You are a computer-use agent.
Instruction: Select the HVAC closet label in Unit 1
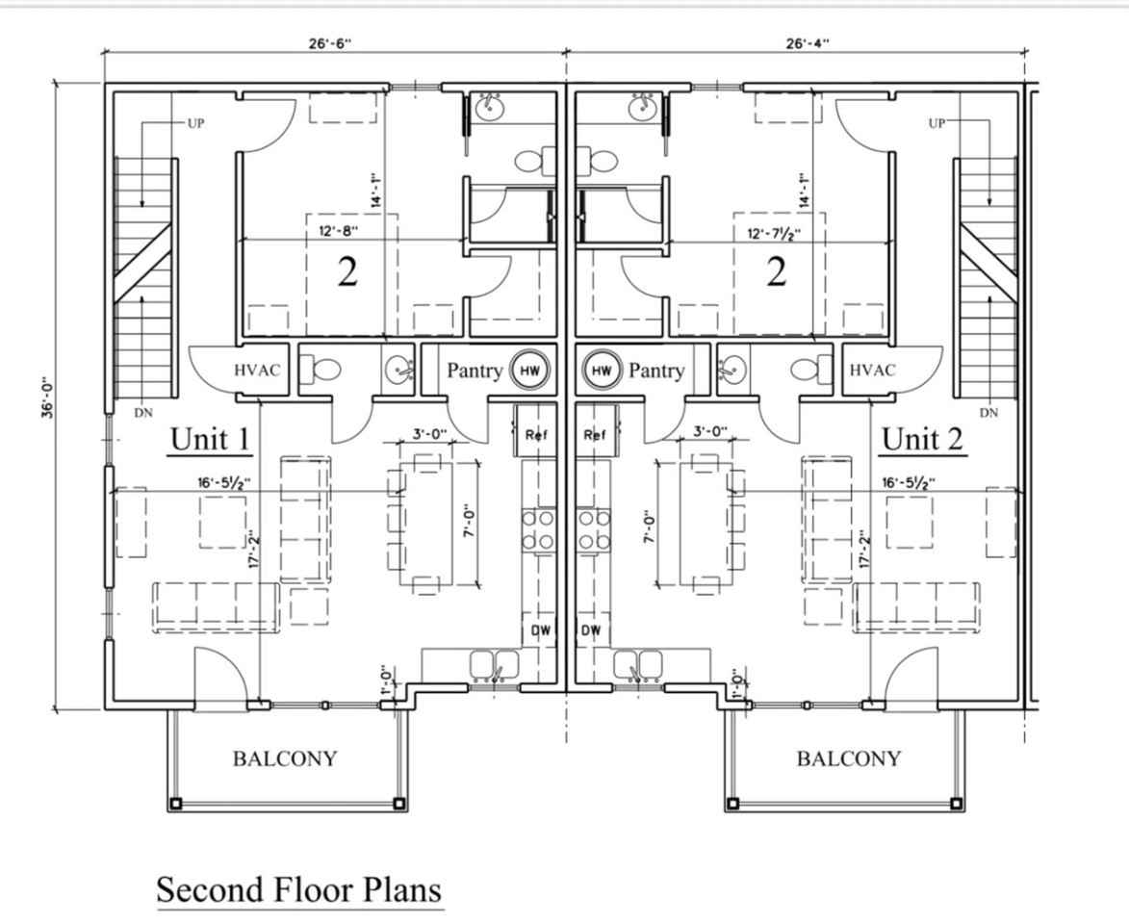[257, 370]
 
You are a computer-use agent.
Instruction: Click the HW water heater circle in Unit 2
[601, 370]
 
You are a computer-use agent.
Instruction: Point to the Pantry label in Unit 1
[475, 371]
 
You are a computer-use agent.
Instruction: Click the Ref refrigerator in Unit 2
[596, 434]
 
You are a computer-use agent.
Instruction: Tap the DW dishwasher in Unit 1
[539, 630]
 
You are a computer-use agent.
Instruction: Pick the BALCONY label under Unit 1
[285, 758]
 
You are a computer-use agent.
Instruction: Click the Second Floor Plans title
[299, 889]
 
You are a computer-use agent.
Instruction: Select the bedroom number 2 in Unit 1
[346, 272]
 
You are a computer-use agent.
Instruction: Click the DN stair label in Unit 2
[988, 412]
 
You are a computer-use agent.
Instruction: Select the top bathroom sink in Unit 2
[644, 108]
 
